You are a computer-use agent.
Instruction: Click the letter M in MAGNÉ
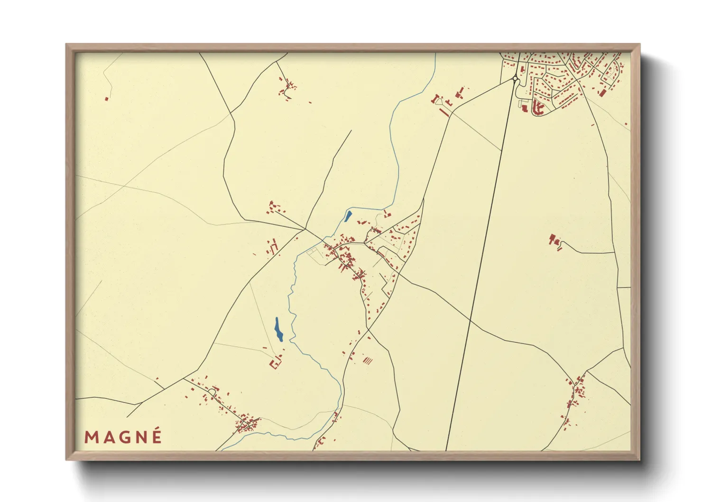(91, 437)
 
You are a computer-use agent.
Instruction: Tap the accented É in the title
(157, 436)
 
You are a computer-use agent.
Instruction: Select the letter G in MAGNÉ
(124, 437)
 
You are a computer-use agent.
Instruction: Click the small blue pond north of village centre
(348, 217)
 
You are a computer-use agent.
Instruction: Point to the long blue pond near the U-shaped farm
(278, 329)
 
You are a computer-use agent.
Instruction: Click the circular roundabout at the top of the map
(515, 79)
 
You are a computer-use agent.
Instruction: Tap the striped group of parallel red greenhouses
(367, 361)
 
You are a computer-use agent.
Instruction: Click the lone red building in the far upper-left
(107, 99)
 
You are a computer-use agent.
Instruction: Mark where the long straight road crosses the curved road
(470, 321)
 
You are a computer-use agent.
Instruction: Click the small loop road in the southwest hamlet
(212, 391)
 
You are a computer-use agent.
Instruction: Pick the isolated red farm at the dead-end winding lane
(554, 240)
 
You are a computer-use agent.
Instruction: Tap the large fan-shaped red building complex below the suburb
(538, 109)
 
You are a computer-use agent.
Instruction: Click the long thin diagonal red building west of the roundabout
(444, 112)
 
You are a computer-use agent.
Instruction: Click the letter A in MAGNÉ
(108, 437)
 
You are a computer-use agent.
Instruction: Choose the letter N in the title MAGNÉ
(141, 437)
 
